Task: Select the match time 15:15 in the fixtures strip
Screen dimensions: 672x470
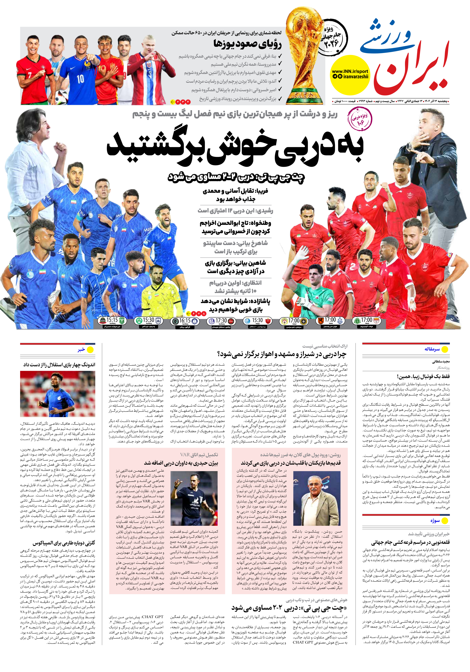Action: click(112, 320)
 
